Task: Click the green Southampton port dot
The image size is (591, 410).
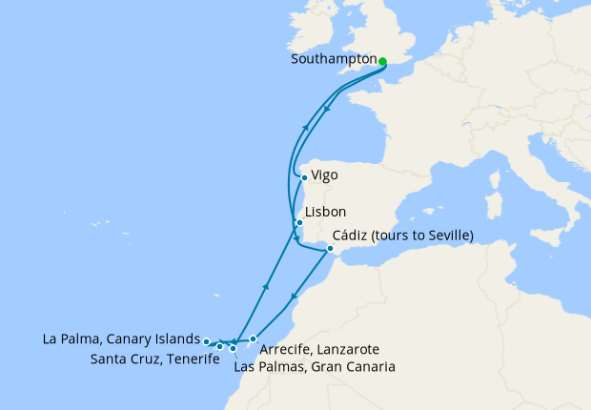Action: pos(382,62)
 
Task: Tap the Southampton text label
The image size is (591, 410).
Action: pos(334,62)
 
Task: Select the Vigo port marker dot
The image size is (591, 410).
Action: pos(304,176)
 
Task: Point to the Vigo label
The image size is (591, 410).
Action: pos(324,176)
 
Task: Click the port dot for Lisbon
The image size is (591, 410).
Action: pos(299,223)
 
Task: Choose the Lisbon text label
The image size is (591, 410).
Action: pos(324,213)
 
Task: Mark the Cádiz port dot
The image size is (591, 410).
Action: pos(330,250)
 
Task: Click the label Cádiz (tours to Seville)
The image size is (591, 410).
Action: pos(404,236)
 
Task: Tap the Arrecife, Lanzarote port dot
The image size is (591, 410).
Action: pos(253,338)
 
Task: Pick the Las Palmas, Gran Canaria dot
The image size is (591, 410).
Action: pos(233,349)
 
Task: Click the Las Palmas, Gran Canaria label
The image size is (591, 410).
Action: pos(314,366)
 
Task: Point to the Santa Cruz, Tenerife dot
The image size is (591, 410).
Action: pos(219,346)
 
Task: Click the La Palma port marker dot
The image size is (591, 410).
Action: pos(207,340)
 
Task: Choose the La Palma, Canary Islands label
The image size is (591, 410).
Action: pos(121,338)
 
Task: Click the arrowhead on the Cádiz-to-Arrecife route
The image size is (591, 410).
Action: pos(295,297)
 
